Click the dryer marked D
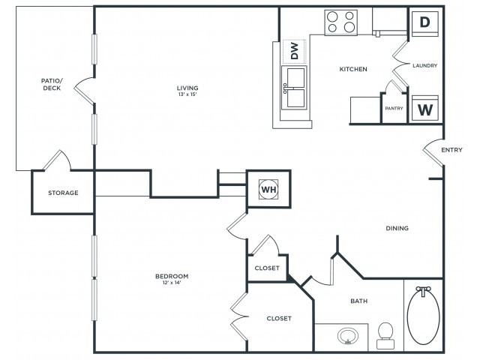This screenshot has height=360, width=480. pos(425,24)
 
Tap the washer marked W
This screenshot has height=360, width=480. pos(425,108)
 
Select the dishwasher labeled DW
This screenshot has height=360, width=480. pos(294,52)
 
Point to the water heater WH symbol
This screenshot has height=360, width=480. pos(268,190)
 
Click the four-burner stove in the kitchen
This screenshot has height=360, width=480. pos(340,22)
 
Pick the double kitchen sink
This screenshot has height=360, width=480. pos(294,88)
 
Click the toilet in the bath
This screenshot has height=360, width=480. pos(385,336)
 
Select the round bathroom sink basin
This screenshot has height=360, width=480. pos(348,336)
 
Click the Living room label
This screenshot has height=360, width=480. pos(187,88)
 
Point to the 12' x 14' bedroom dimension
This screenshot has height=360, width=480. pos(172,283)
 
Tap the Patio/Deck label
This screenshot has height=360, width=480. pos(52,85)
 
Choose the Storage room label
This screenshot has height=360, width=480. pos(63,193)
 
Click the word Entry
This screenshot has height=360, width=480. pos(451,150)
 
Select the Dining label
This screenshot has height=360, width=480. pos(397,228)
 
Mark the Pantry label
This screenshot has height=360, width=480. pos(394,108)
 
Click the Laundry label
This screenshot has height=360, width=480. pos(425,65)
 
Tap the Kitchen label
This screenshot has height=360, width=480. pos(353,69)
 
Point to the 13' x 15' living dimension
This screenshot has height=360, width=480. pos(187,94)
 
